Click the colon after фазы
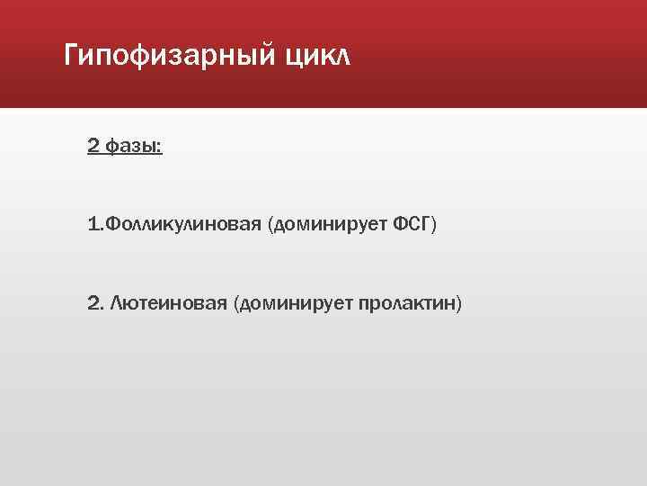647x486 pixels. click(160, 147)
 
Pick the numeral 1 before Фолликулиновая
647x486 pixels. click(93, 223)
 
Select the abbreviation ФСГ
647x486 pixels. click(412, 223)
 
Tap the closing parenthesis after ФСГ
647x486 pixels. click(434, 223)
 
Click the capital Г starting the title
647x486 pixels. click(73, 57)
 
